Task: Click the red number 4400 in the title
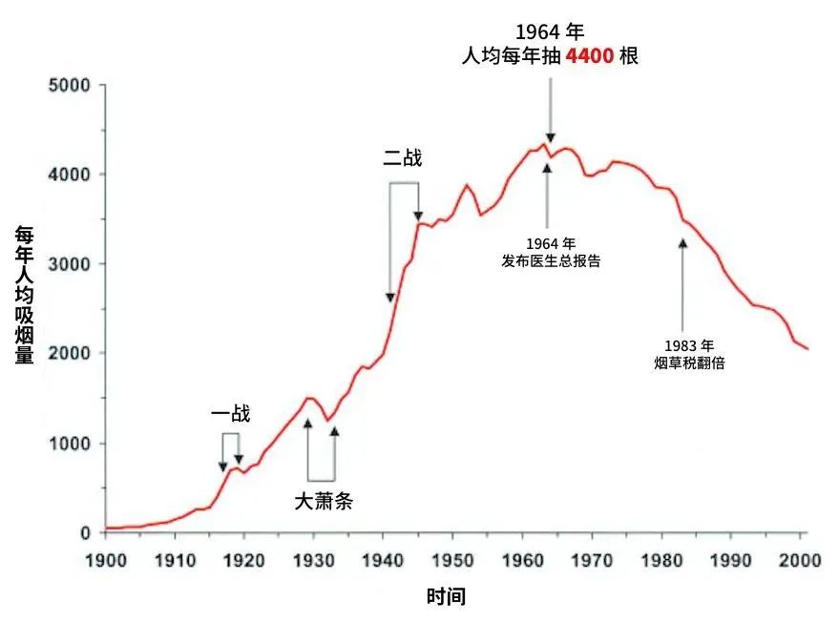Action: coord(590,56)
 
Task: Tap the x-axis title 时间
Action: coord(446,598)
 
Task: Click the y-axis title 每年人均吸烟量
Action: coord(25,296)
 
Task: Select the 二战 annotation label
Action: coord(402,158)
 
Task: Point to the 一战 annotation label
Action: coord(230,414)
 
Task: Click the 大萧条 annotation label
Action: coord(322,500)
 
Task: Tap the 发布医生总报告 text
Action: coord(551,260)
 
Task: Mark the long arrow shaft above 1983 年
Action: coord(682,286)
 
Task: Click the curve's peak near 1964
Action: coord(545,144)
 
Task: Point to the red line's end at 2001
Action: coord(808,349)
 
